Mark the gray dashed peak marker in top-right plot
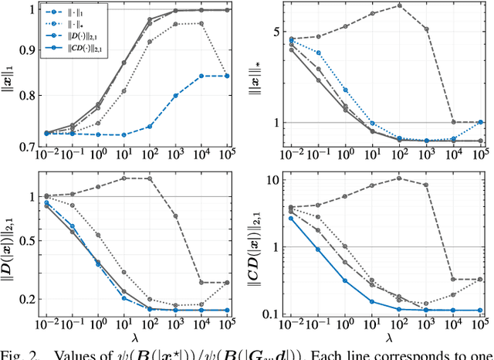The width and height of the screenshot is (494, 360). coord(399,5)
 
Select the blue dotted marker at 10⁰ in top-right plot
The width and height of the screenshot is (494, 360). coord(345,90)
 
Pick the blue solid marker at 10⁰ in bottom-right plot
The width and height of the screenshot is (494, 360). coord(345,280)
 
